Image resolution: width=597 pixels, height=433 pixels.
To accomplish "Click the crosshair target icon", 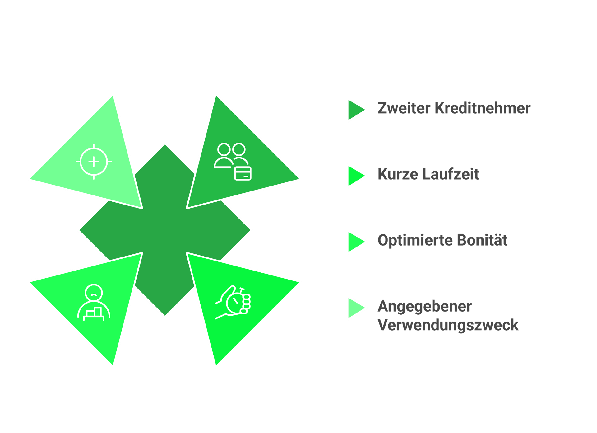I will point(94,162).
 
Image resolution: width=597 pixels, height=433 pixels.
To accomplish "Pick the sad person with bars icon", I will point(94,302).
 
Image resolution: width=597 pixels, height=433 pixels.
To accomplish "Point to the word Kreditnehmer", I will point(482,108).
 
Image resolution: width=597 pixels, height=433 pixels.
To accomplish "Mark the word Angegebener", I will point(424,306).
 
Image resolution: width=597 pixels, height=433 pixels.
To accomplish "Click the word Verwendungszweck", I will point(448,325).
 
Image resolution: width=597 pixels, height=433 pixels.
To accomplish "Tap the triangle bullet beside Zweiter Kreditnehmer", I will point(356,110).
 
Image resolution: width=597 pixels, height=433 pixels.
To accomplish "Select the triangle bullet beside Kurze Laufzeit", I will point(356,176).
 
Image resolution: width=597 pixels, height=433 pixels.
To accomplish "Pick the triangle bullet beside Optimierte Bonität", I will point(356,242).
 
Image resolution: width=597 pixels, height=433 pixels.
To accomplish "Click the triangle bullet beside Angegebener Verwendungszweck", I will point(356,308).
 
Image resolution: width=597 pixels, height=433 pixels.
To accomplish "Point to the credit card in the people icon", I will point(243,173).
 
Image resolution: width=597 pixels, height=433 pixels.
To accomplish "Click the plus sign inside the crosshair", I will point(94,162).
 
